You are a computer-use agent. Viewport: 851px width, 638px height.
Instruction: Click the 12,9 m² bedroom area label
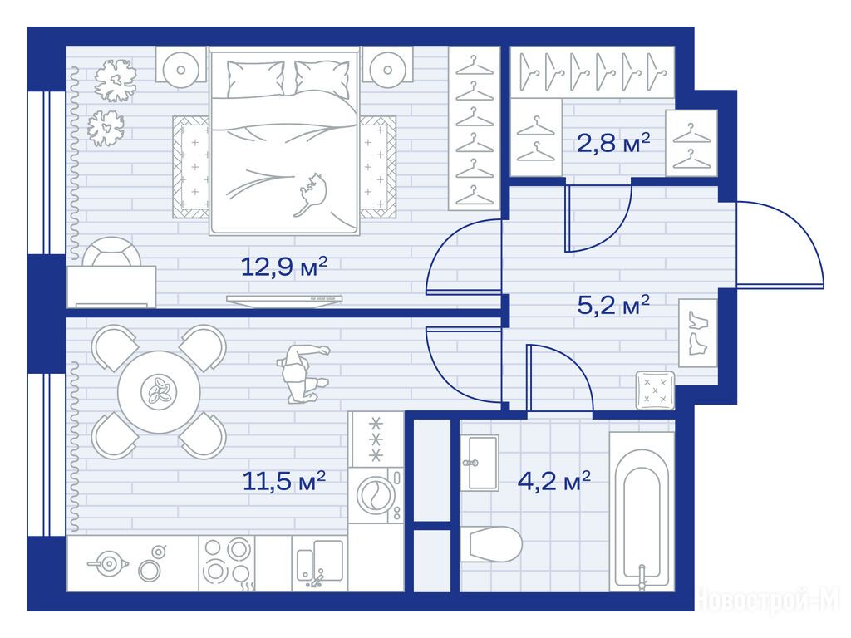pyautogui.click(x=284, y=267)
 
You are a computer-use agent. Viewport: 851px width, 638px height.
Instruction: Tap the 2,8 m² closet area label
pyautogui.click(x=613, y=143)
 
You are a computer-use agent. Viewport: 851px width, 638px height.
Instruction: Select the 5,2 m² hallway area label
pyautogui.click(x=613, y=305)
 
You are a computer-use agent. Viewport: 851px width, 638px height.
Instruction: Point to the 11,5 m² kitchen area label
pyautogui.click(x=284, y=480)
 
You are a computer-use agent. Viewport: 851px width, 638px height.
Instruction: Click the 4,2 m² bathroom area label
pyautogui.click(x=554, y=480)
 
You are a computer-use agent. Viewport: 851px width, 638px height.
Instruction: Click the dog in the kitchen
pyautogui.click(x=302, y=373)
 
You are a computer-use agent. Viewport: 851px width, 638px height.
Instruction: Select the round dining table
pyautogui.click(x=159, y=392)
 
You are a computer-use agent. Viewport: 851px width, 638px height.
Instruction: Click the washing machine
pyautogui.click(x=376, y=495)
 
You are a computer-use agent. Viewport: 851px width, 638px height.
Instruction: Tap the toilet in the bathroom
pyautogui.click(x=491, y=544)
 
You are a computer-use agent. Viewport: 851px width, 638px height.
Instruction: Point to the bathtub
pyautogui.click(x=642, y=511)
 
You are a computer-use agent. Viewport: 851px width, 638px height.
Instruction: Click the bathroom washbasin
pyautogui.click(x=480, y=463)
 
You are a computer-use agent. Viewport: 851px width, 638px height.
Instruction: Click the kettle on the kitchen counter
pyautogui.click(x=108, y=564)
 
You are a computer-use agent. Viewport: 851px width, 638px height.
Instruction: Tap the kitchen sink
pyautogui.click(x=320, y=563)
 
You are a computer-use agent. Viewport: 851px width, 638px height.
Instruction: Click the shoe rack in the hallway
pyautogui.click(x=698, y=333)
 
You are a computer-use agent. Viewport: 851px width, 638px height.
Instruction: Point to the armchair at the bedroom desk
pyautogui.click(x=112, y=252)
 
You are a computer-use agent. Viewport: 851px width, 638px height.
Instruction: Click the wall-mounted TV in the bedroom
pyautogui.click(x=284, y=299)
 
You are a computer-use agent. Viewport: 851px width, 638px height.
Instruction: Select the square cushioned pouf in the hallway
pyautogui.click(x=655, y=390)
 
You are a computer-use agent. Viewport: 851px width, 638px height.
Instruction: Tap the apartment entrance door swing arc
pyautogui.click(x=800, y=231)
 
